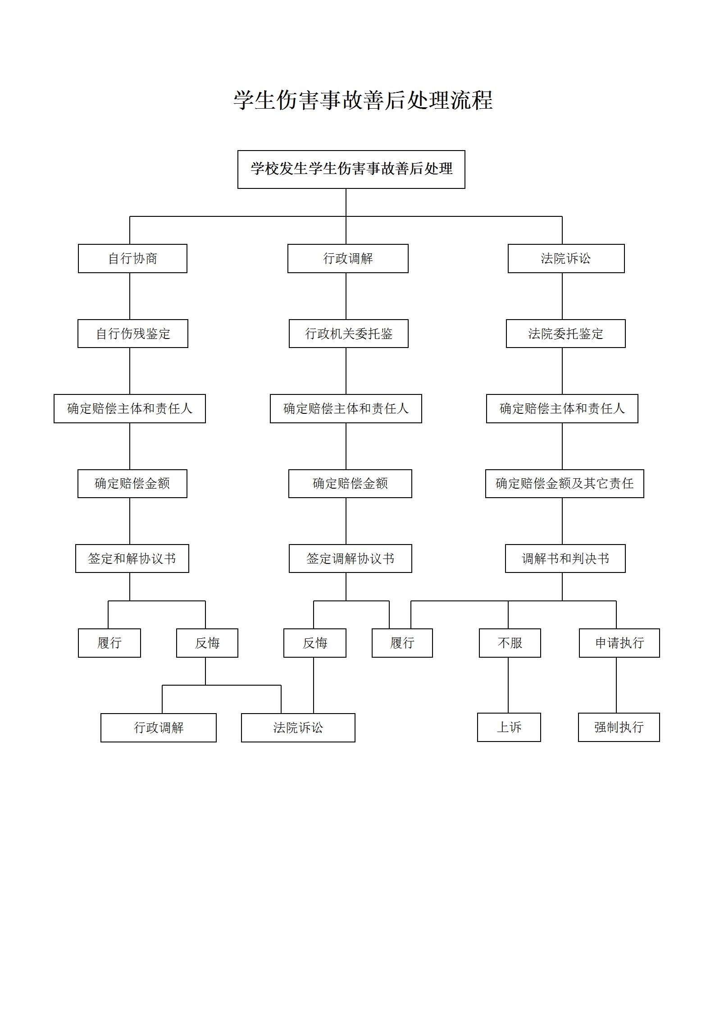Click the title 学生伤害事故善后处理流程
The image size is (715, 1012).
(363, 100)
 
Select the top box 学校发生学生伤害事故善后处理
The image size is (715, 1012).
(351, 169)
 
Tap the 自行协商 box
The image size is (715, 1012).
(132, 258)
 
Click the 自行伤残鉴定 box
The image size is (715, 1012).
(133, 334)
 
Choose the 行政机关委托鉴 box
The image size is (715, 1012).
(348, 334)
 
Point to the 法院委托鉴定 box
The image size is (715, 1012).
(565, 334)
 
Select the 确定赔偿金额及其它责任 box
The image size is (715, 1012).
(565, 484)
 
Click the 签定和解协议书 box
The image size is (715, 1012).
(132, 559)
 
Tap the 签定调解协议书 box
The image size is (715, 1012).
(350, 559)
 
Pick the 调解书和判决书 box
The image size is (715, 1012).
(565, 559)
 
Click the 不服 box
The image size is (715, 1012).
(510, 643)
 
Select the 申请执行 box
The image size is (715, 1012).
(619, 643)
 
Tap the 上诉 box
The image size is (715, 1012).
(509, 727)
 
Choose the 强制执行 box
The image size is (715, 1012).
(619, 727)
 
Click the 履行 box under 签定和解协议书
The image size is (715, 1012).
(109, 643)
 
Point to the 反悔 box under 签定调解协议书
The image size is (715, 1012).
(315, 643)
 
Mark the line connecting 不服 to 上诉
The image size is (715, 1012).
(508, 685)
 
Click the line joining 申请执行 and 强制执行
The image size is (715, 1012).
(616, 685)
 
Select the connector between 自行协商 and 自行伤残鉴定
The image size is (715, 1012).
(130, 296)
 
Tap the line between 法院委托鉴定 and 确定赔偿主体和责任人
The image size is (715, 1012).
(562, 371)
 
